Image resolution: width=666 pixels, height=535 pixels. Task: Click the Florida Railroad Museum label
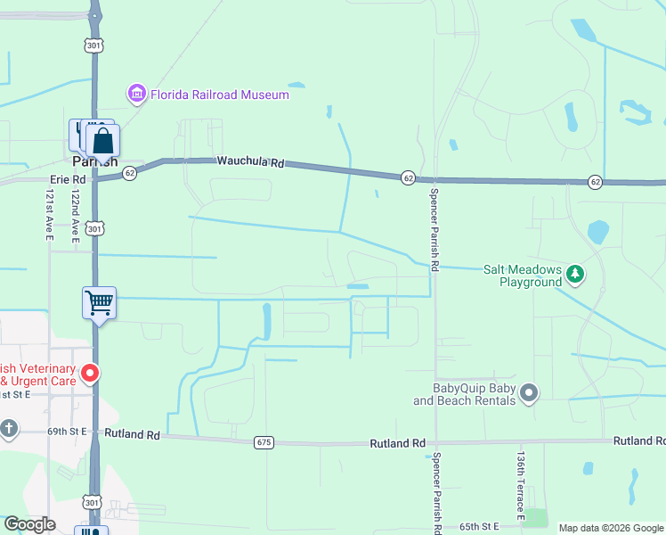pos(219,95)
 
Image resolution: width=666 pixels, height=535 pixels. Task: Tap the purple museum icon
pos(136,94)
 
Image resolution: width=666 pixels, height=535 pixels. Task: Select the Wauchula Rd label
pos(250,163)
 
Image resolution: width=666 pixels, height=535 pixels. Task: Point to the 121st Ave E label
pos(51,215)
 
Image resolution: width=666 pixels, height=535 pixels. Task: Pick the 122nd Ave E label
pos(77,213)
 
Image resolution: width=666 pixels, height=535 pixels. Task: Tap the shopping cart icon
pos(99,302)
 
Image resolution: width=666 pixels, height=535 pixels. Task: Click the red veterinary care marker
pos(89,373)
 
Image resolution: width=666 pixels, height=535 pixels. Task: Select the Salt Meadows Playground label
pos(523,276)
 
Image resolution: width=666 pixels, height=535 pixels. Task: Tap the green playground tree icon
pos(575,274)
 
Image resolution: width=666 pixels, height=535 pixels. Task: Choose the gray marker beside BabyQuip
pos(530,392)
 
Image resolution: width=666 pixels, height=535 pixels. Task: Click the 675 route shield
pos(264,442)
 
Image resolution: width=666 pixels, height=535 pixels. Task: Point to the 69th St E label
pos(67,431)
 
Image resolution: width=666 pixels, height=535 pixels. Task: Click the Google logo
pos(30,524)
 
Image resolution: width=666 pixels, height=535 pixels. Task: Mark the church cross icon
pos(9,430)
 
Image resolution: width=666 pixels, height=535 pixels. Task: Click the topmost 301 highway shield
pos(94,44)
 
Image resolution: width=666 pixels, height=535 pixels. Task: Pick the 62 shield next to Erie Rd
pos(130,173)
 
